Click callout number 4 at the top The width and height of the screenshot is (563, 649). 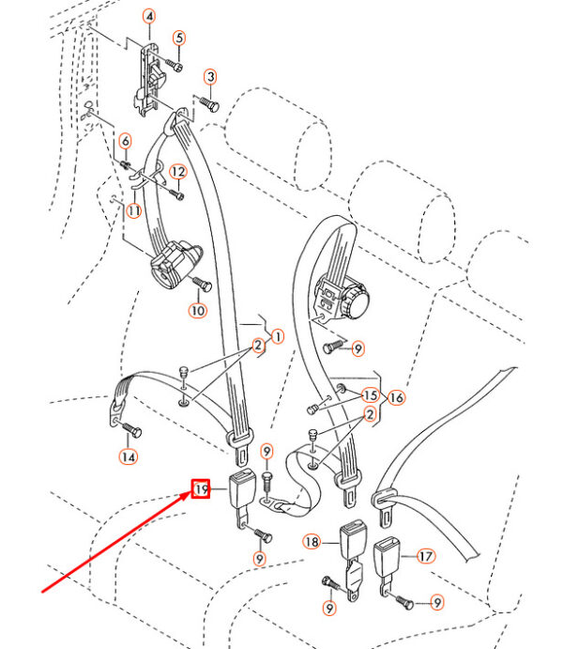(149, 17)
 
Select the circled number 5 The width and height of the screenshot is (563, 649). (179, 39)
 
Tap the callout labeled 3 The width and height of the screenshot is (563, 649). (211, 77)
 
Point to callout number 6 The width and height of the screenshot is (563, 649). (126, 141)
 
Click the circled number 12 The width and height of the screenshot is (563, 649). (178, 171)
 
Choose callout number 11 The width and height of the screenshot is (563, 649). (134, 211)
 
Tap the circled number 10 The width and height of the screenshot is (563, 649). (198, 311)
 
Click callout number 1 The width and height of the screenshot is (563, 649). (278, 337)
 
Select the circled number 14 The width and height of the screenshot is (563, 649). (129, 457)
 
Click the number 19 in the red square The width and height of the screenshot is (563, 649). (201, 489)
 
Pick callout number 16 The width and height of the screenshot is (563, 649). (396, 398)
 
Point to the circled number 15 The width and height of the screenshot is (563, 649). (370, 395)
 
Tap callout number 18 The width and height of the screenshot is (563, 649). (312, 541)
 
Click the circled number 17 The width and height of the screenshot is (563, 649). (426, 556)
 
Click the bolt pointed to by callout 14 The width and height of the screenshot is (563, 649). (132, 429)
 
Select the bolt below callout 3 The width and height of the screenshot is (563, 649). (209, 103)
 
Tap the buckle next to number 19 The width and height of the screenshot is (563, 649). (241, 498)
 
